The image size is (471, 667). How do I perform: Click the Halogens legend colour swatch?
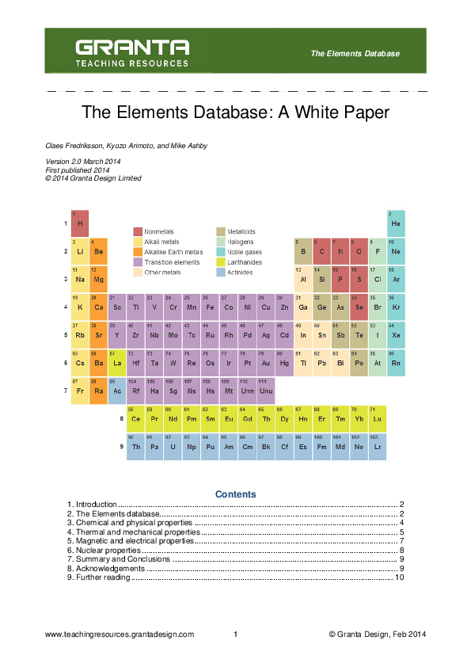pos(221,242)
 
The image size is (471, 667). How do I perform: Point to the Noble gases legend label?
pos(245,252)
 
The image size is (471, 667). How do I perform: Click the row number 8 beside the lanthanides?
pos(121,417)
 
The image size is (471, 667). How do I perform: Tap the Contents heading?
pos(236,494)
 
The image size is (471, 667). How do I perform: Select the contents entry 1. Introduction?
pos(92,505)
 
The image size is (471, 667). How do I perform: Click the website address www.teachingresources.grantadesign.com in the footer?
pos(120,635)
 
